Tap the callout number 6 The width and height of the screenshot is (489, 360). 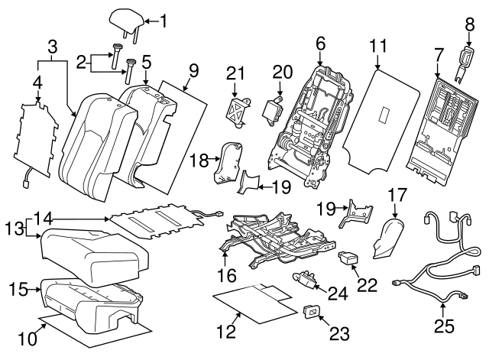tap(320, 44)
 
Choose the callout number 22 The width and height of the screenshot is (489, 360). tap(368, 284)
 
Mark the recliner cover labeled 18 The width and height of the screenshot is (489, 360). tap(226, 164)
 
